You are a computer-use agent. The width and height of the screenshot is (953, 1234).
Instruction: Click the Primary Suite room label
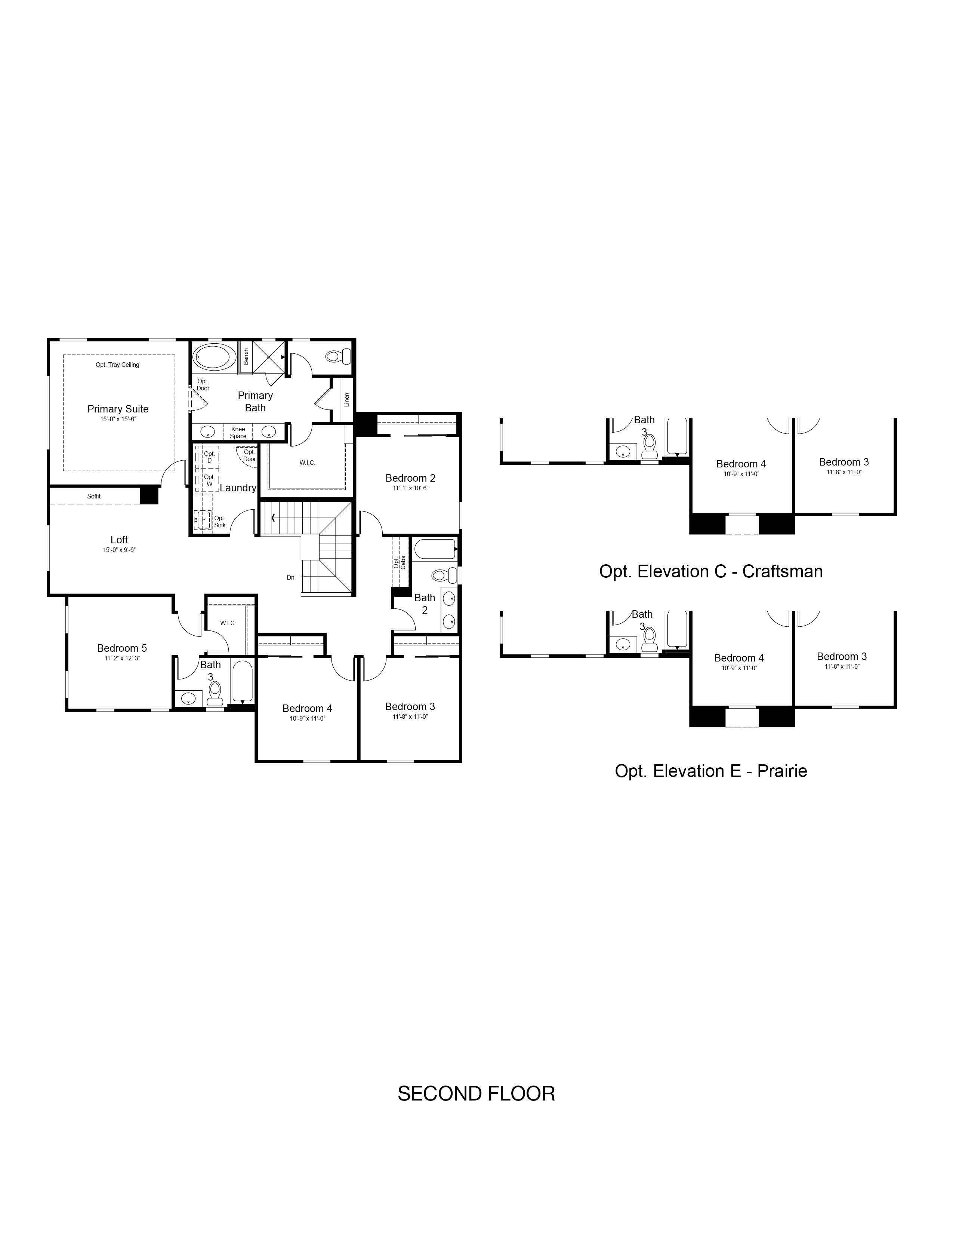coord(118,409)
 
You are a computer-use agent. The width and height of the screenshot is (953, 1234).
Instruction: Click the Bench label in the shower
coord(246,356)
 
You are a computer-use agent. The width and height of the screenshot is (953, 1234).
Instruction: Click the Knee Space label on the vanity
coord(238,433)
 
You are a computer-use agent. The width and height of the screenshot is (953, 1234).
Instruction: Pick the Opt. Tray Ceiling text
coord(117,365)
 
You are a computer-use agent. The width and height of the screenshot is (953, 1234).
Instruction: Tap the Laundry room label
coord(238,488)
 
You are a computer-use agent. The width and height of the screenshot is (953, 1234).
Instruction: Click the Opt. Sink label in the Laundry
coord(220,522)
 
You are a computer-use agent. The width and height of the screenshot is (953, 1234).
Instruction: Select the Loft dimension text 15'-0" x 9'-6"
coord(119,550)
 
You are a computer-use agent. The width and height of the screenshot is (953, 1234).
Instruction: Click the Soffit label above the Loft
coord(94,497)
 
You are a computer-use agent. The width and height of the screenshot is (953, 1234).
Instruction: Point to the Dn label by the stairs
coord(291,577)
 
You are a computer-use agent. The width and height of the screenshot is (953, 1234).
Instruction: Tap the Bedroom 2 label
coord(410,478)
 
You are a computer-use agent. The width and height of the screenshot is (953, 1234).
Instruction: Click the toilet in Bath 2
coord(444,576)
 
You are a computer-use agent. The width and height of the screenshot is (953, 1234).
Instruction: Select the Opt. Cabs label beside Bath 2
coord(400,562)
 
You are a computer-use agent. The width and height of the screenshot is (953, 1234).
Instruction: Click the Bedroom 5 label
coord(122,648)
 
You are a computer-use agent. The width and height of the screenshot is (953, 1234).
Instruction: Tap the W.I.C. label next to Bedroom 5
coord(228,623)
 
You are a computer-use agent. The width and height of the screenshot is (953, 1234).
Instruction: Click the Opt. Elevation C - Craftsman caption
coord(711,571)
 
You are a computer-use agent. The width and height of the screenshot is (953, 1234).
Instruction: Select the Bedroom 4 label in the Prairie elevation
coord(739,658)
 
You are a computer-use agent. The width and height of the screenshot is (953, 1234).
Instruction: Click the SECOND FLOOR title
coord(476,1094)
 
